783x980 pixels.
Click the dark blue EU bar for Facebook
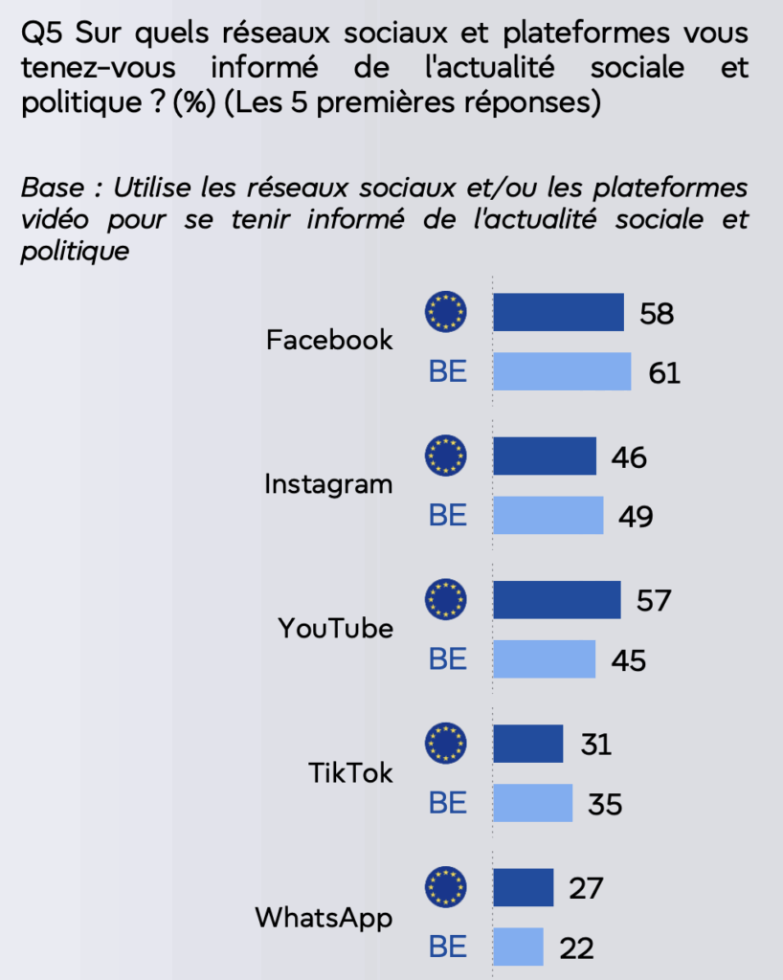[x=558, y=312]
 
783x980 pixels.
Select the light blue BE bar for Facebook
[x=562, y=371]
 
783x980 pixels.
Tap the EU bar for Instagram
[x=545, y=457]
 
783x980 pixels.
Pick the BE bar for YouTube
[x=544, y=659]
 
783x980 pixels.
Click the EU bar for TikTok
[x=527, y=744]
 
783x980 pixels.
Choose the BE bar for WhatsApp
[x=518, y=947]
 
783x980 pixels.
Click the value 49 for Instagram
[x=634, y=517]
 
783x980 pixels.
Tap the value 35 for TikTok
[x=603, y=804]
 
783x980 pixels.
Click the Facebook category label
[x=329, y=340]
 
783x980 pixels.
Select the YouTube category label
[x=335, y=629]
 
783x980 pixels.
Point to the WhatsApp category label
[x=324, y=918]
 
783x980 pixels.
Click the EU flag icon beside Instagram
[x=445, y=456]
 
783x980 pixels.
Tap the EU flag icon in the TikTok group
[x=445, y=744]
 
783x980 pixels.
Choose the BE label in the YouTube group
[x=447, y=659]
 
